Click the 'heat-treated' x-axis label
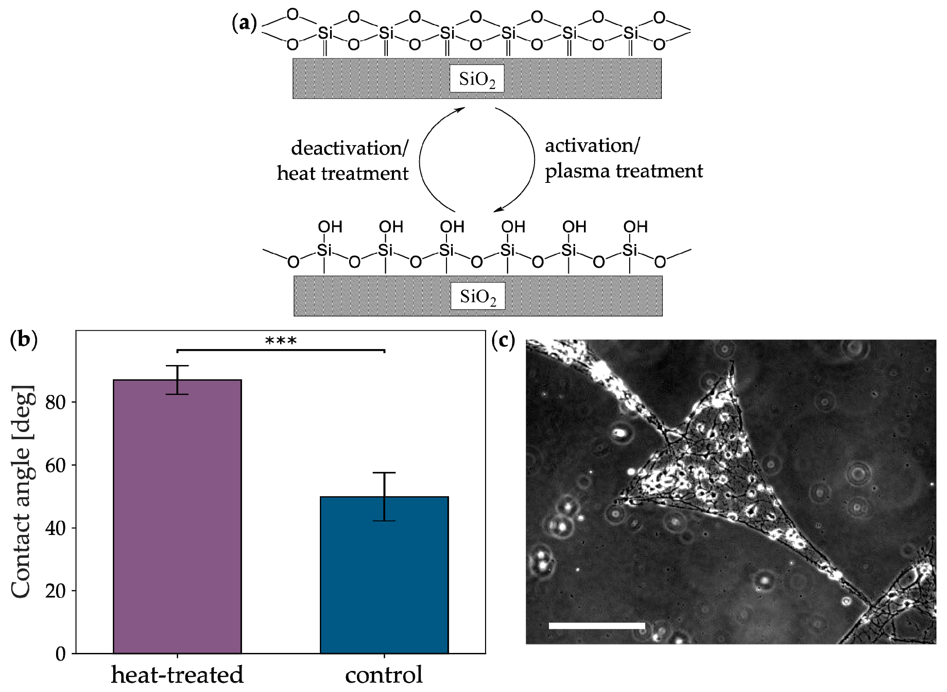[177, 674]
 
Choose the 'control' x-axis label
[384, 674]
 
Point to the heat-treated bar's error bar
[177, 380]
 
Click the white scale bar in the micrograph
[597, 626]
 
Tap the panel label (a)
[244, 24]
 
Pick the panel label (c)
[503, 341]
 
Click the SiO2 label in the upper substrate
[477, 79]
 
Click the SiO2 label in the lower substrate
[478, 297]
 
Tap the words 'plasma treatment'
[624, 171]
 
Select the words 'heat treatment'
[343, 173]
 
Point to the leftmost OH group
[330, 227]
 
